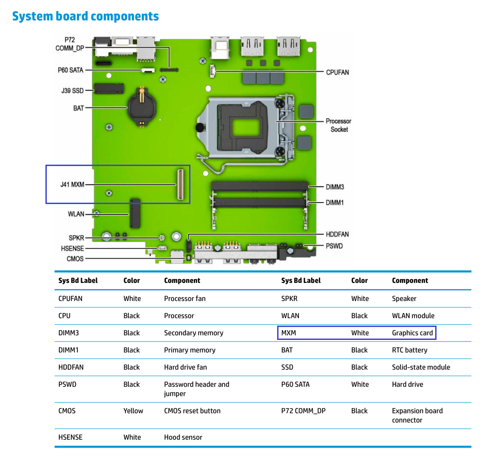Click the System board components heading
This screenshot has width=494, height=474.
[85, 16]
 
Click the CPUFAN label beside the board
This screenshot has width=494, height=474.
[337, 72]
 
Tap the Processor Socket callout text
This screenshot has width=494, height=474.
[338, 125]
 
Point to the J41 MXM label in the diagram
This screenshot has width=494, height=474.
[72, 184]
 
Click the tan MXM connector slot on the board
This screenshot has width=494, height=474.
[179, 185]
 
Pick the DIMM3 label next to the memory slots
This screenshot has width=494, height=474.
[335, 187]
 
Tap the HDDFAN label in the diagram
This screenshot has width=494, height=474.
[337, 234]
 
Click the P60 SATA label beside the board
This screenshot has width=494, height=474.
[70, 70]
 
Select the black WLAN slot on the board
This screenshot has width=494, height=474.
[135, 213]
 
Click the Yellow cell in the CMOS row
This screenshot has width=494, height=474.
[133, 410]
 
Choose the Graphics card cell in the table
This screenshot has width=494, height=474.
[412, 333]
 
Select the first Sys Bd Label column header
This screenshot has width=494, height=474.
[78, 281]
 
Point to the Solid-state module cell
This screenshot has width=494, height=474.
[421, 367]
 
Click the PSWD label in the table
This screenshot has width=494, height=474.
[67, 384]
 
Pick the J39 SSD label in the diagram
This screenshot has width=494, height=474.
[72, 90]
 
